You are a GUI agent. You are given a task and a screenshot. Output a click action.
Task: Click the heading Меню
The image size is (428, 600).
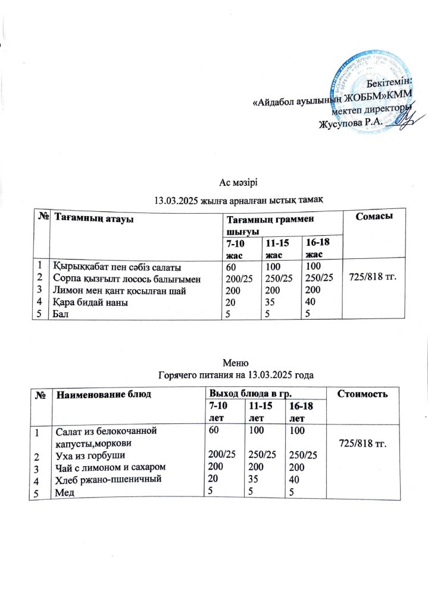click(x=233, y=363)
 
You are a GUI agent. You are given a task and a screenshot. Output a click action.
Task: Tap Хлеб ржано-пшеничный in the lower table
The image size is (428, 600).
click(x=106, y=480)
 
